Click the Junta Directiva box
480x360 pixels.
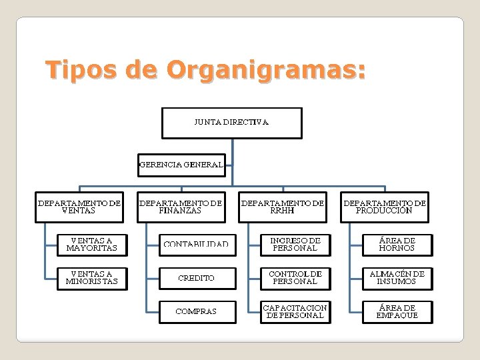(232, 123)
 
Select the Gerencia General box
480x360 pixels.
(181, 165)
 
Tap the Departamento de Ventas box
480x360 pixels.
(79, 207)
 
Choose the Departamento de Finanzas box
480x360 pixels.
(181, 207)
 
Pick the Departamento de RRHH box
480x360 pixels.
(283, 207)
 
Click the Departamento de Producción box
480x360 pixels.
(385, 207)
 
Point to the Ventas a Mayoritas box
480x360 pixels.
(91, 245)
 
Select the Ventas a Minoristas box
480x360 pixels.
(91, 278)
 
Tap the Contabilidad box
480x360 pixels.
(197, 245)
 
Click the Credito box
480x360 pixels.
(197, 278)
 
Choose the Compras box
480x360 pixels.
(197, 311)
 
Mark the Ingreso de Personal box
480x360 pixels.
(295, 245)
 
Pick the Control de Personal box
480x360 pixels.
(295, 278)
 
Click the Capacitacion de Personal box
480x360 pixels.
(295, 311)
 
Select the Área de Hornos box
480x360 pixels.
(397, 245)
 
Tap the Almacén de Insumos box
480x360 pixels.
(397, 278)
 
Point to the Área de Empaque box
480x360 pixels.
(397, 311)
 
